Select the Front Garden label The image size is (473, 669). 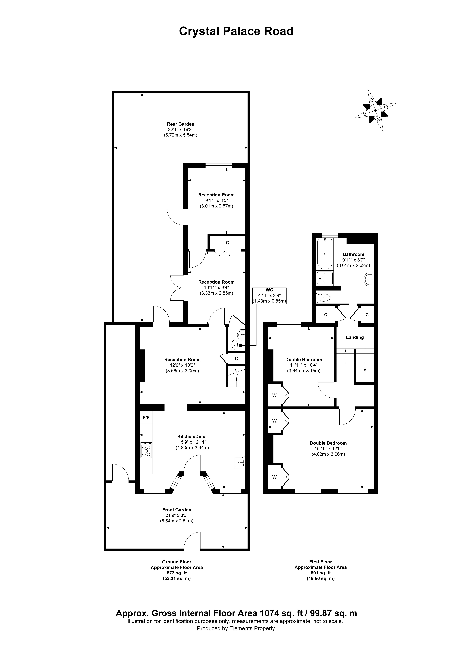(177, 510)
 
